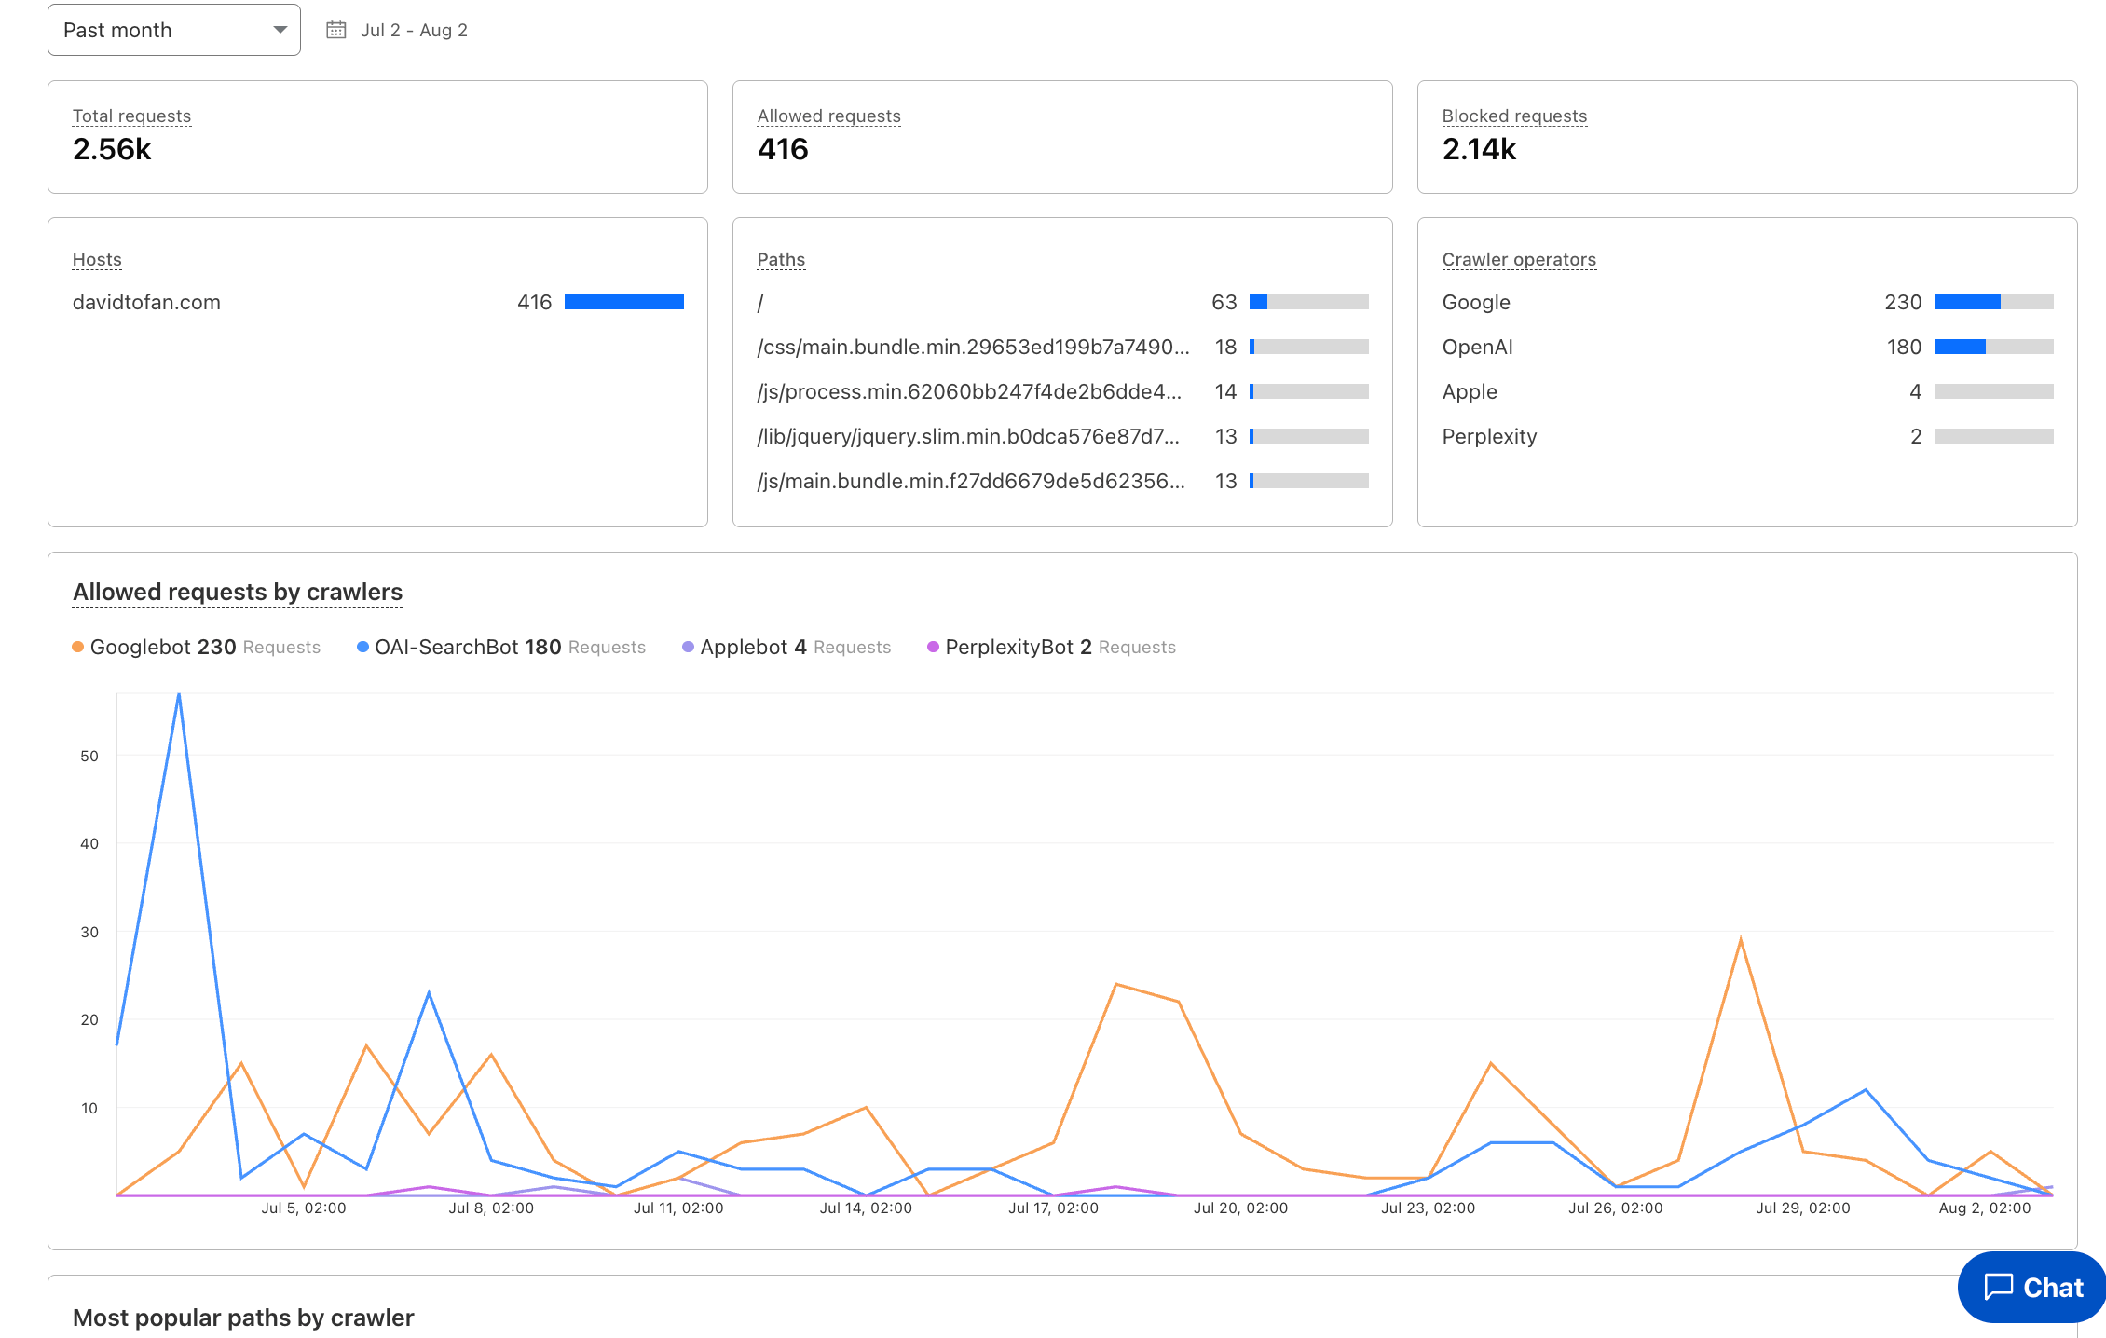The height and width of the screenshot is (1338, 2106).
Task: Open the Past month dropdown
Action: [173, 30]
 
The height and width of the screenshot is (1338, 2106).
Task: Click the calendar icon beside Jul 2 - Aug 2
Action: [335, 30]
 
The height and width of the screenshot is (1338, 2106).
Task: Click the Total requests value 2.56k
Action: [112, 149]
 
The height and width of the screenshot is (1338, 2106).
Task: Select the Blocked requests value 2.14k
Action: [1479, 149]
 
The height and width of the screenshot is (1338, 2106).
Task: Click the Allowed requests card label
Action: [828, 116]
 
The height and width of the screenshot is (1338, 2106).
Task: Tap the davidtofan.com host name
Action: [146, 302]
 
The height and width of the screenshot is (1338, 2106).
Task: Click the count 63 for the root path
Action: [1224, 302]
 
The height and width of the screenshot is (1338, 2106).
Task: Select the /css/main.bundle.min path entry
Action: [973, 347]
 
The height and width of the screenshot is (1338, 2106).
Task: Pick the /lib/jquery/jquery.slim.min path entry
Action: [968, 436]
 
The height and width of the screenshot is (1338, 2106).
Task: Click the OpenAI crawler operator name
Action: [1477, 347]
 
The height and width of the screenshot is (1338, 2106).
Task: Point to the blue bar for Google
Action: [1966, 302]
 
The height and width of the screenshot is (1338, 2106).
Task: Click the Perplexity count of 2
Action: [1916, 436]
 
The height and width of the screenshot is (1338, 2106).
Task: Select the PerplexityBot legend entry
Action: [1009, 647]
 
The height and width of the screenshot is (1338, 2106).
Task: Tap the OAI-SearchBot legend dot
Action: [362, 647]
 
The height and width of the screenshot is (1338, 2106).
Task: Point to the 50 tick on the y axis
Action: [89, 756]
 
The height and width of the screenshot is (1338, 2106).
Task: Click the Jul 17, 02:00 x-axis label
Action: [1053, 1208]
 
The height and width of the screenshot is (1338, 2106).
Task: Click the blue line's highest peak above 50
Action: [179, 695]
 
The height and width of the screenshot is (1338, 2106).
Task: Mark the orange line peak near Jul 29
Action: [1741, 940]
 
